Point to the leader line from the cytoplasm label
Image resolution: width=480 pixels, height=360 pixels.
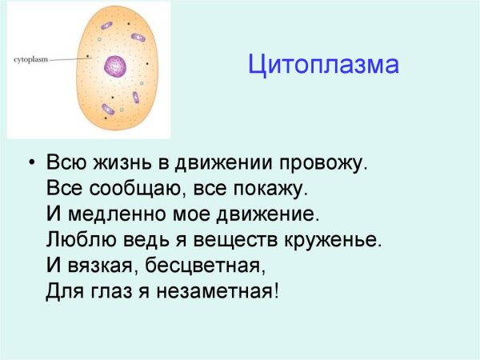(67, 59)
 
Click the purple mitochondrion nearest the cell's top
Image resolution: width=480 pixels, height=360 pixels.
(106, 25)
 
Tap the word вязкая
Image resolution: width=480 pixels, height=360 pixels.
(100, 264)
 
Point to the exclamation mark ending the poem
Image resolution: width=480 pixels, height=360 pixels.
(276, 290)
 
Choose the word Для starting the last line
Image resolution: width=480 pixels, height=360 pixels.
(61, 290)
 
